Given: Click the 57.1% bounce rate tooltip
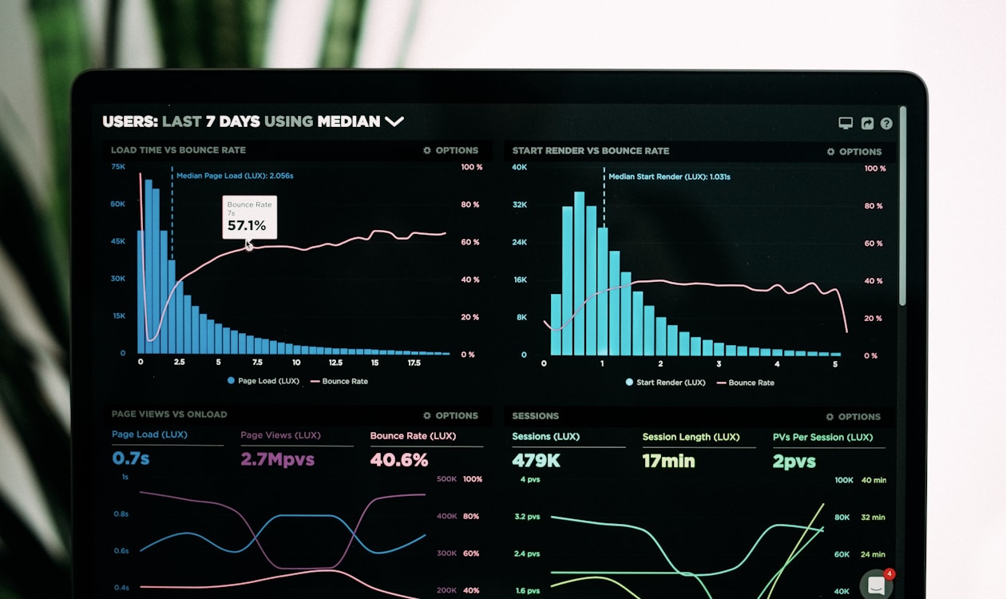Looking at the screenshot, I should point(249,217).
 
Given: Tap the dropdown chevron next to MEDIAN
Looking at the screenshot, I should point(394,121).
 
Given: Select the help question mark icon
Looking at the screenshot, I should point(886,123).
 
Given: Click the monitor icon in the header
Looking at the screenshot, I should point(846,123).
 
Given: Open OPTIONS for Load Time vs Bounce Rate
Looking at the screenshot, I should point(451,150).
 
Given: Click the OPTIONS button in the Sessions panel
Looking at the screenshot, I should point(854,417).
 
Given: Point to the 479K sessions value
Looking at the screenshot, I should point(536,461).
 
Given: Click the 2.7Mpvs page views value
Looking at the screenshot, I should point(277,459).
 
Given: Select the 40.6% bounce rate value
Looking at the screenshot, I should point(399,460).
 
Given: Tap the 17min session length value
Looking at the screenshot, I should point(668,461).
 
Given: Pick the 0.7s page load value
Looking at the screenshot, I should point(130,458).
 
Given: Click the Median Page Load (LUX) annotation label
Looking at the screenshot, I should point(235,176).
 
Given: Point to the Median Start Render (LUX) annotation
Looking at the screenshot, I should point(669,177).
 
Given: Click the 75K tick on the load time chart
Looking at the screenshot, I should point(118,167).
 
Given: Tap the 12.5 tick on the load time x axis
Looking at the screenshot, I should point(335,363).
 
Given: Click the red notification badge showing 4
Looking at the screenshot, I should point(889,574).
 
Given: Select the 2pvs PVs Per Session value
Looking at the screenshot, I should point(794,462).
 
